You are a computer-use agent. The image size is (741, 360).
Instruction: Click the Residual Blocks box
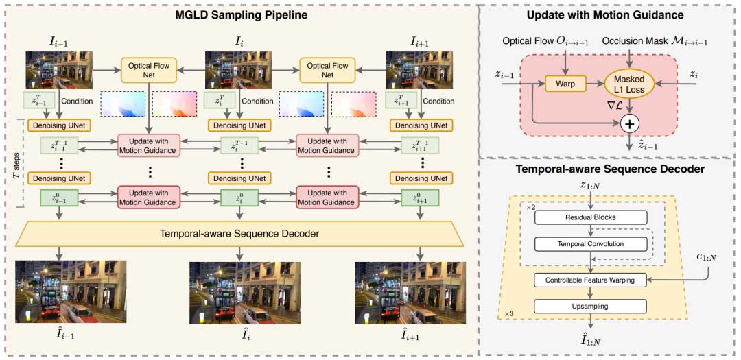[590, 217]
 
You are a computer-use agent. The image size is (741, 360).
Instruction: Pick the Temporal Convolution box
[590, 243]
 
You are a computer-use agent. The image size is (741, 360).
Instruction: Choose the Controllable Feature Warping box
[590, 280]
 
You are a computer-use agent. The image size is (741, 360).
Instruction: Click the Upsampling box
[590, 305]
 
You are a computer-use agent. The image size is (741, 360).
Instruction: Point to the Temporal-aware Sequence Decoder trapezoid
[239, 234]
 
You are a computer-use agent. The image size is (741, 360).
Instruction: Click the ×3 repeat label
[508, 313]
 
